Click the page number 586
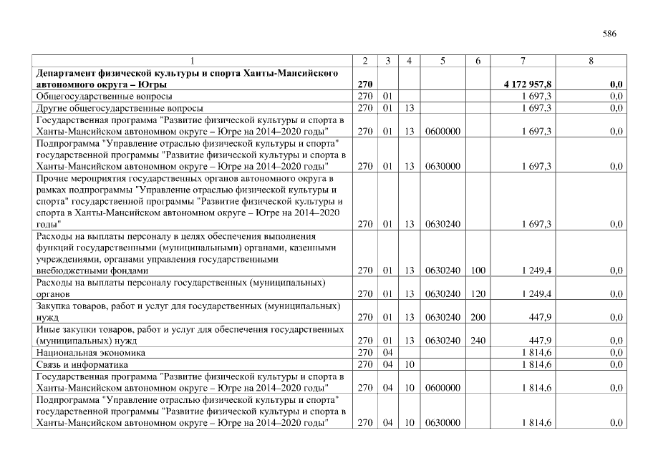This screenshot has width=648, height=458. tap(609, 34)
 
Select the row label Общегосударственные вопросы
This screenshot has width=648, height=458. tap(103, 96)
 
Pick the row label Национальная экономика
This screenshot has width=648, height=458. tap(91, 353)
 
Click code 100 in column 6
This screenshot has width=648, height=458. tap(478, 271)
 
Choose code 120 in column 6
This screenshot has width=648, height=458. tap(478, 294)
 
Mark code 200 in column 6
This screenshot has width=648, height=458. tap(478, 318)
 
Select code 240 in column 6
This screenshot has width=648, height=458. tap(478, 341)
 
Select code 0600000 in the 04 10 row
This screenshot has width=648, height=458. tap(442, 389)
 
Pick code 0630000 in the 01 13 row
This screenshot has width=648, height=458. tap(442, 166)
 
